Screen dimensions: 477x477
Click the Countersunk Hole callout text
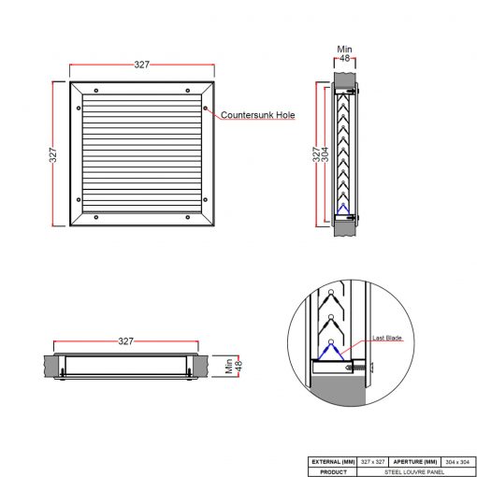[x=258, y=115]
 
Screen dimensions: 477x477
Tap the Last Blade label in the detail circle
[x=387, y=338]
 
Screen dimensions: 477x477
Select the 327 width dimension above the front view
[x=142, y=65]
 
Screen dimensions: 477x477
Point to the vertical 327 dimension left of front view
[x=53, y=155]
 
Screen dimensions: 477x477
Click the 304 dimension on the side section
[x=325, y=154]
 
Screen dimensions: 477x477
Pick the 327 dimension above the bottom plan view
[x=126, y=341]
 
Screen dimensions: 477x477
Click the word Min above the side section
[x=344, y=50]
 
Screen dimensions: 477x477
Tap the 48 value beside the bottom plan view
[x=238, y=366]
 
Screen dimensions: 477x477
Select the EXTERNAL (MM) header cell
[x=333, y=462]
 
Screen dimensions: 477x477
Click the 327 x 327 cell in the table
[x=373, y=462]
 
